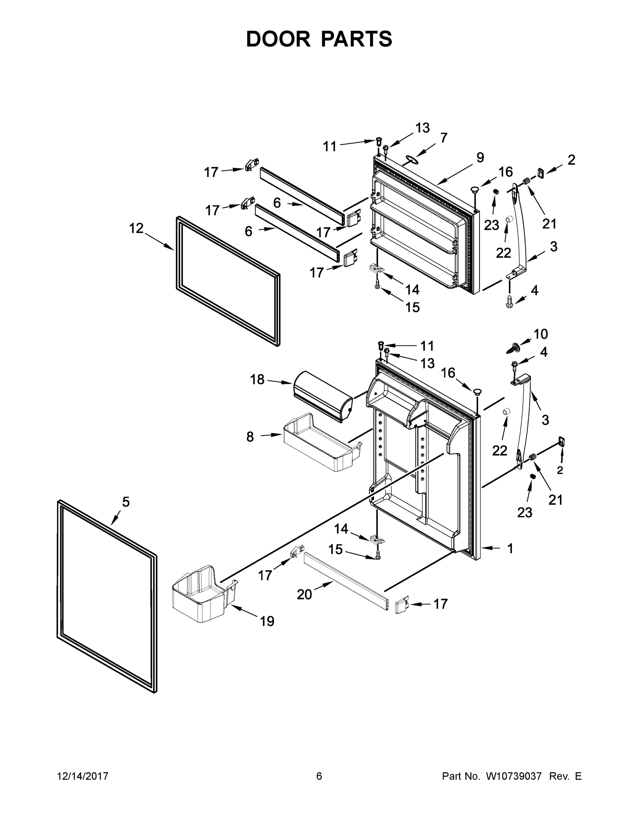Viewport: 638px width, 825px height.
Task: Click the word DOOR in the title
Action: [278, 39]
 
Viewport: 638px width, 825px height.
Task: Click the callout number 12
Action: [137, 228]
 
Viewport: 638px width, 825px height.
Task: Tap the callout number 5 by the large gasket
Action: [126, 502]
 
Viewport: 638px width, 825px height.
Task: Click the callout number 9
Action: [480, 157]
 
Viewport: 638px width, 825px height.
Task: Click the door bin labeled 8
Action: [321, 442]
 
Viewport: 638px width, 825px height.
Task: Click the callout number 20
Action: [304, 595]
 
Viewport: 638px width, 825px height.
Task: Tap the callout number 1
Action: [510, 549]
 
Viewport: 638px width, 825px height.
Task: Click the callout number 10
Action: [540, 334]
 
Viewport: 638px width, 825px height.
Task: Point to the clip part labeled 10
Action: [512, 348]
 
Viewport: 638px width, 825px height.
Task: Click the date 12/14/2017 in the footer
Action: [83, 776]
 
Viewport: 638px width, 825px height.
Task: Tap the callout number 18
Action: [257, 379]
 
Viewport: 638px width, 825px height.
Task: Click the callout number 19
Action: [267, 621]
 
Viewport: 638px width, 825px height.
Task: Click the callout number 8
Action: [250, 437]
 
